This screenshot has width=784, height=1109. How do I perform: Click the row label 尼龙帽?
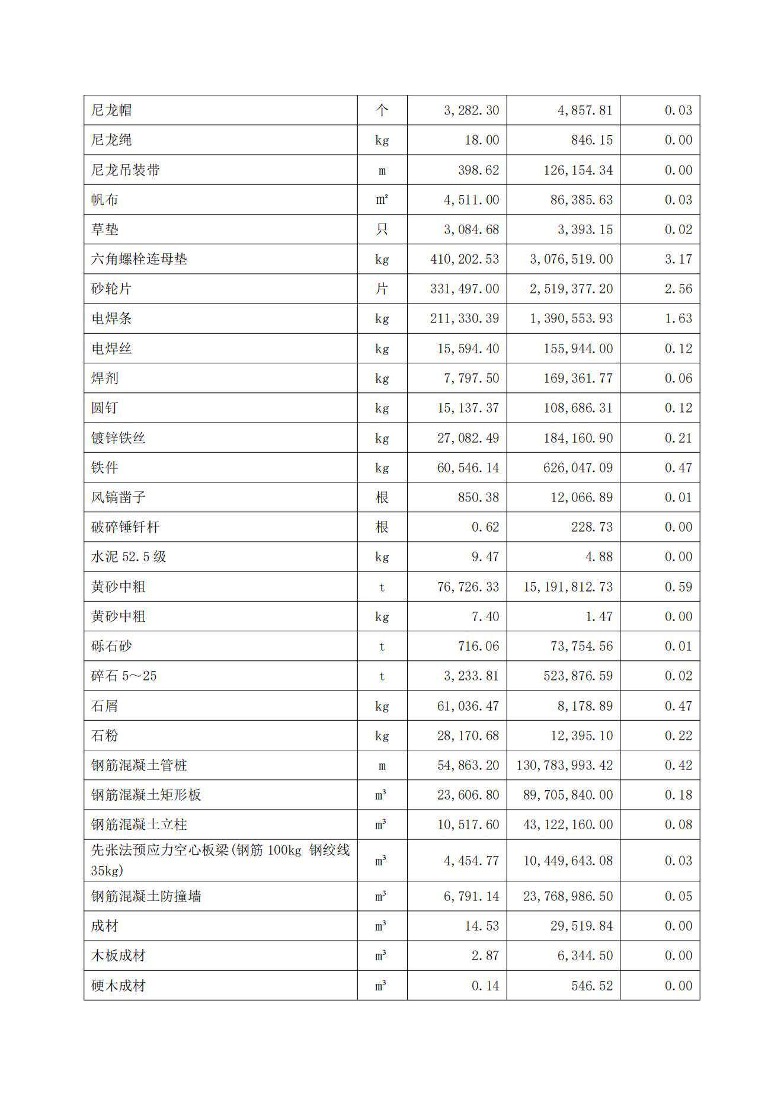click(111, 110)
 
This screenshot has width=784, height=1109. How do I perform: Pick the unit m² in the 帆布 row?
click(382, 200)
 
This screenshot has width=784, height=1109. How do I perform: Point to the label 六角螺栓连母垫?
click(139, 259)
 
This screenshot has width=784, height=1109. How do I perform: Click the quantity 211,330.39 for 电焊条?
click(465, 318)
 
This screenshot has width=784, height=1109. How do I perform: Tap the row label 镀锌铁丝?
click(119, 438)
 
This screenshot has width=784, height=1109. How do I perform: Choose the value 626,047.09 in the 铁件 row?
click(578, 468)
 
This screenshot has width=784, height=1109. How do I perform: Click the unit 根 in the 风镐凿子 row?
click(382, 497)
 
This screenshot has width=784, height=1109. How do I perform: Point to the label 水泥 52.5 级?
click(129, 557)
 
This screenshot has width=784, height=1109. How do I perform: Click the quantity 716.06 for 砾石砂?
click(478, 646)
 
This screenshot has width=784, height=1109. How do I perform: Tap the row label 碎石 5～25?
click(124, 676)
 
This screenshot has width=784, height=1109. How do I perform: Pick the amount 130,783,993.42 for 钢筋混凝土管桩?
click(564, 765)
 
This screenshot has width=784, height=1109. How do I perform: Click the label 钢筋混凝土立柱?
click(139, 824)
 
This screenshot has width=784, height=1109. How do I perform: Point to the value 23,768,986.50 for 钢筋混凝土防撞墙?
click(568, 896)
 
